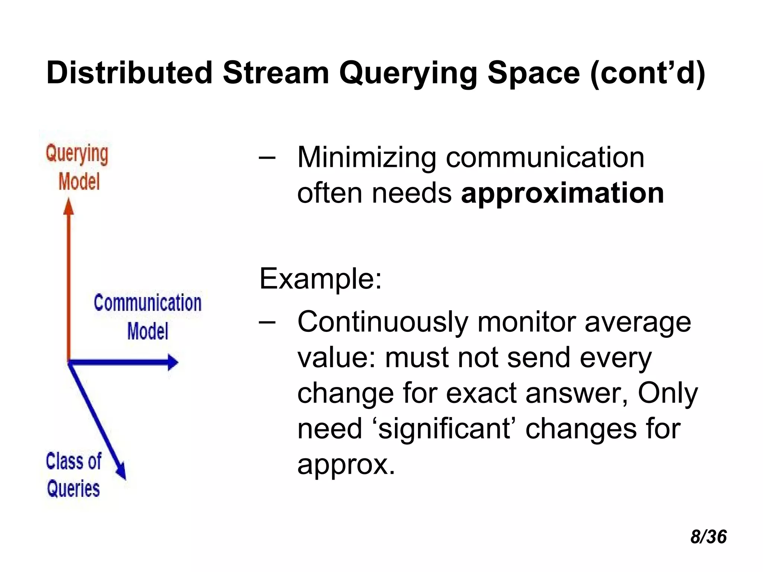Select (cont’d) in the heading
648,73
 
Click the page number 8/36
708,537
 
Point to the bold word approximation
562,193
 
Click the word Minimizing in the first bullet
367,158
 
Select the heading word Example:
320,279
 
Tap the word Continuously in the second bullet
383,322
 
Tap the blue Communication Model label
148,317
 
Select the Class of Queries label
73,475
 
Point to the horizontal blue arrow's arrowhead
173,362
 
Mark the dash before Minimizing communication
267,158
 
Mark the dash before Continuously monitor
267,322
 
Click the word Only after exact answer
667,394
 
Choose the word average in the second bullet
637,322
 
